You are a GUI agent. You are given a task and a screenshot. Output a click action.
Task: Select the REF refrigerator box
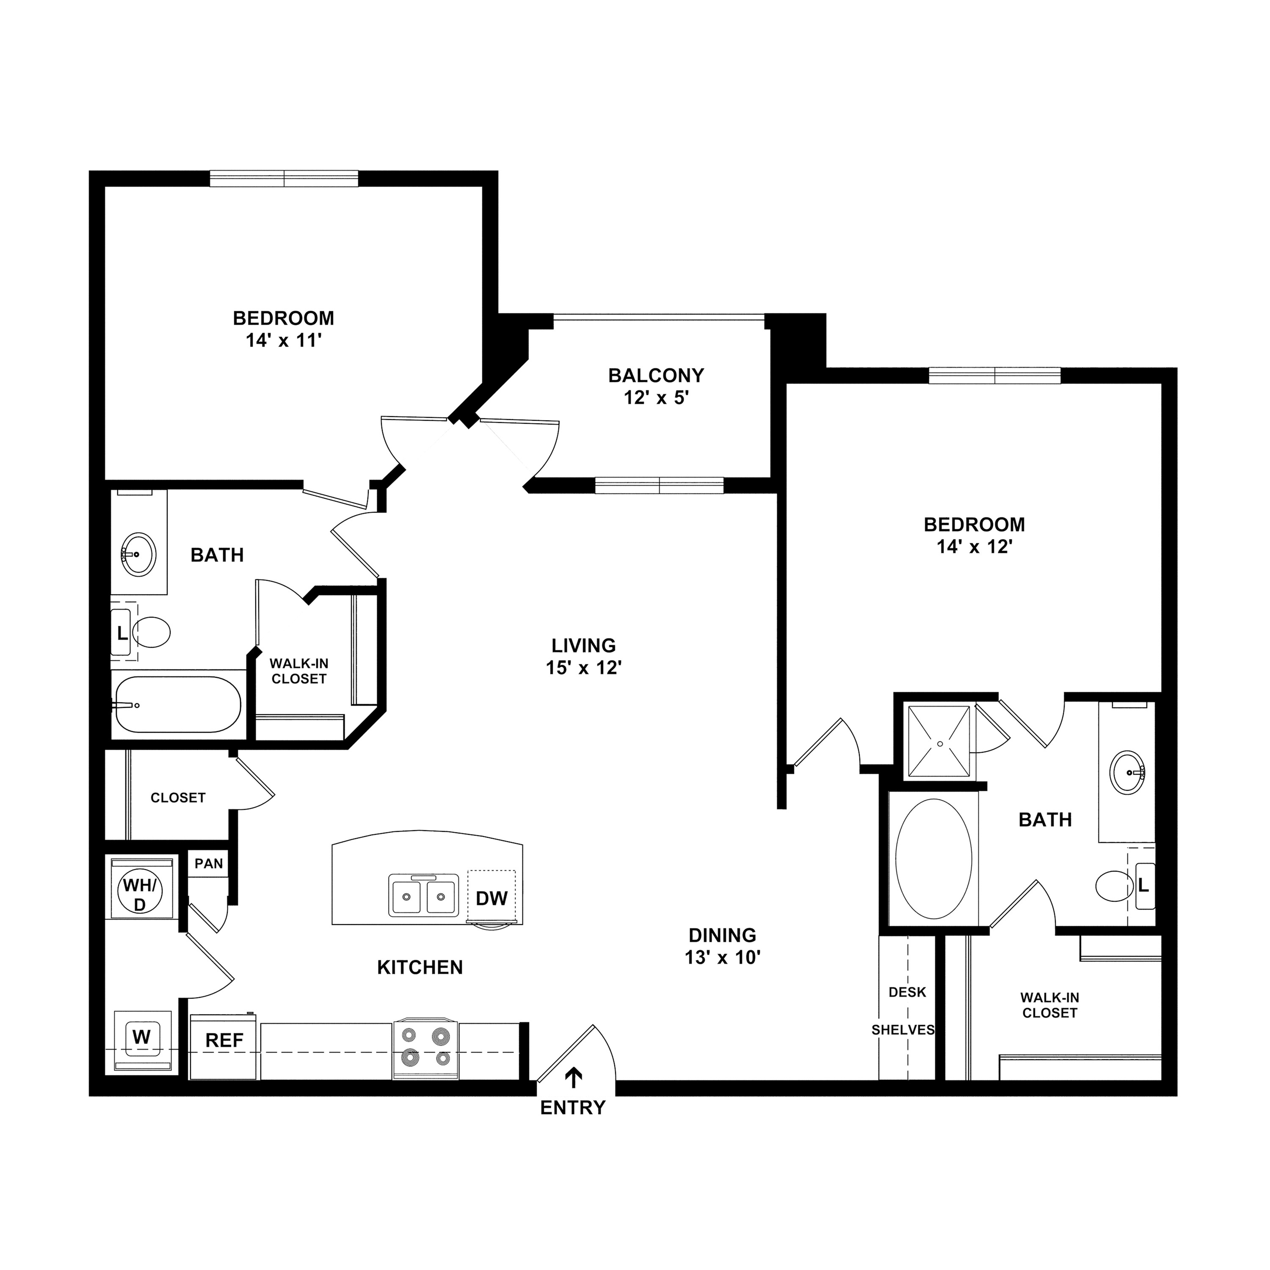click(224, 1040)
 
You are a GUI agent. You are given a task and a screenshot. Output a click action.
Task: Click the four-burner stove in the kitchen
click(425, 1049)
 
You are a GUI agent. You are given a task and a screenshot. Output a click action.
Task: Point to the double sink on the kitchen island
click(423, 895)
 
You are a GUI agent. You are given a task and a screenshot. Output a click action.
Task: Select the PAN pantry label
click(208, 864)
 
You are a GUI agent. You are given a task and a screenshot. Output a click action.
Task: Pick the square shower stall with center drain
click(939, 742)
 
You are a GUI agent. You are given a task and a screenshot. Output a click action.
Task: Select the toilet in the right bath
click(1115, 886)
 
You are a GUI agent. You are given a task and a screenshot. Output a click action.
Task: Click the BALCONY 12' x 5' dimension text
click(656, 398)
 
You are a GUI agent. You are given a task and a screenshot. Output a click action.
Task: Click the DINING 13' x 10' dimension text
click(723, 957)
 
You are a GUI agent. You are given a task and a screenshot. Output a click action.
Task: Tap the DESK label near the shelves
click(907, 992)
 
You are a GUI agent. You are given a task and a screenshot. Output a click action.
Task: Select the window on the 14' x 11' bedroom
click(284, 178)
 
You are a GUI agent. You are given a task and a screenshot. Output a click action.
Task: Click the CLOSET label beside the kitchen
click(178, 798)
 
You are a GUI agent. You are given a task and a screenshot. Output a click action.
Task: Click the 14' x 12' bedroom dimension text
click(974, 547)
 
